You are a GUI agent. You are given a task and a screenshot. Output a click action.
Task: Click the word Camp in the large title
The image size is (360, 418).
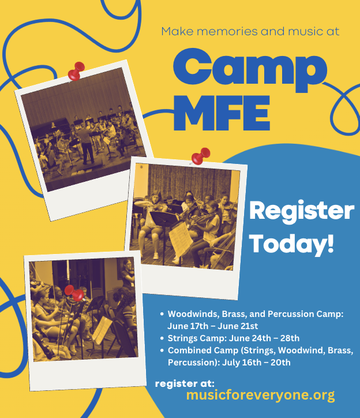(250, 70)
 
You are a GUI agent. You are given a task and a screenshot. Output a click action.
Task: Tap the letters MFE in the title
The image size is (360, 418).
(222, 113)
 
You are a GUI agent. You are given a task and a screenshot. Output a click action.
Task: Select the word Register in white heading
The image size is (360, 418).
(302, 211)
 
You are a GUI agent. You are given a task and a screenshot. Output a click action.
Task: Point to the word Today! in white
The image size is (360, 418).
(291, 244)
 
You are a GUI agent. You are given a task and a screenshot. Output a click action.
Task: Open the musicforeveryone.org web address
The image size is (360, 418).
(260, 395)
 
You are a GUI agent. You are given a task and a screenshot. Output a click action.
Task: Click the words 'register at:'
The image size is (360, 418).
(185, 383)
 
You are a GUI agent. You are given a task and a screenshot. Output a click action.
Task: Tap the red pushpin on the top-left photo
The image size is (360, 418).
(76, 71)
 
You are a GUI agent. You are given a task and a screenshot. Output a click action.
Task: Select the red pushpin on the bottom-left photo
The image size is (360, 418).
(74, 293)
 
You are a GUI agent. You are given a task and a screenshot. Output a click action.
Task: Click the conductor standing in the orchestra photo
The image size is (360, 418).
(87, 143)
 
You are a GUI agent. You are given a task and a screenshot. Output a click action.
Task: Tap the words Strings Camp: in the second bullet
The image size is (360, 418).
(197, 338)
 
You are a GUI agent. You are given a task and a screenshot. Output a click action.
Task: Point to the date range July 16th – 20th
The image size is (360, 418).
(256, 363)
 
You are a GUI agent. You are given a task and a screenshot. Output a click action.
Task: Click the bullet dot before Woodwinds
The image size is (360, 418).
(162, 314)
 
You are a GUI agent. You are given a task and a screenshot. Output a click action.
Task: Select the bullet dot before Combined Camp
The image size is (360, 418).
(162, 350)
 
